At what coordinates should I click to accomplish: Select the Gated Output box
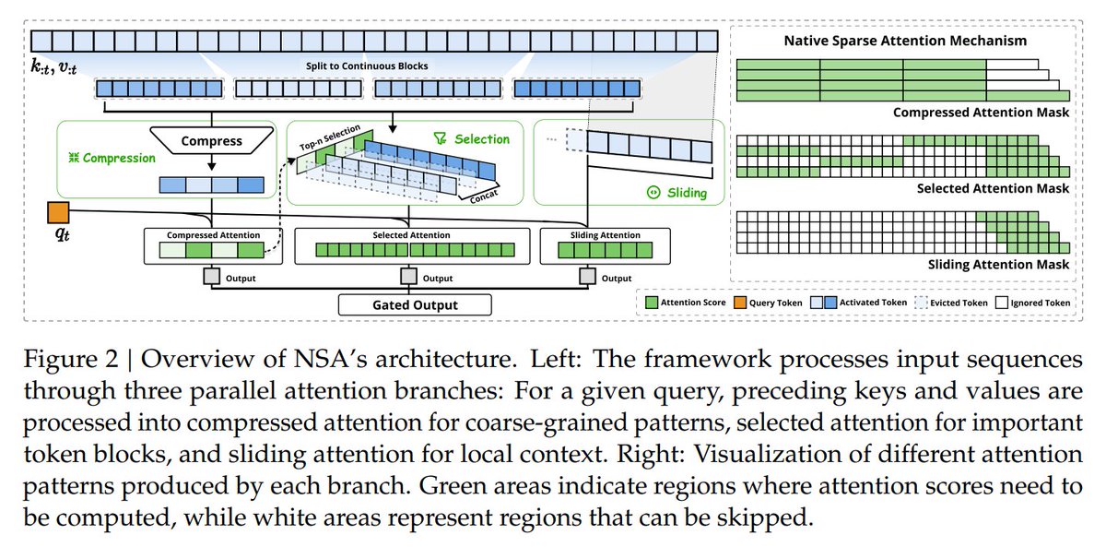click(414, 304)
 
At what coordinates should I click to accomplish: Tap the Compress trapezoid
click(211, 141)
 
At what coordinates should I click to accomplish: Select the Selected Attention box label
click(411, 235)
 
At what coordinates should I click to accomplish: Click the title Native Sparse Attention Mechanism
click(905, 42)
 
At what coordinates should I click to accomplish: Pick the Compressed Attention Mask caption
click(982, 113)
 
